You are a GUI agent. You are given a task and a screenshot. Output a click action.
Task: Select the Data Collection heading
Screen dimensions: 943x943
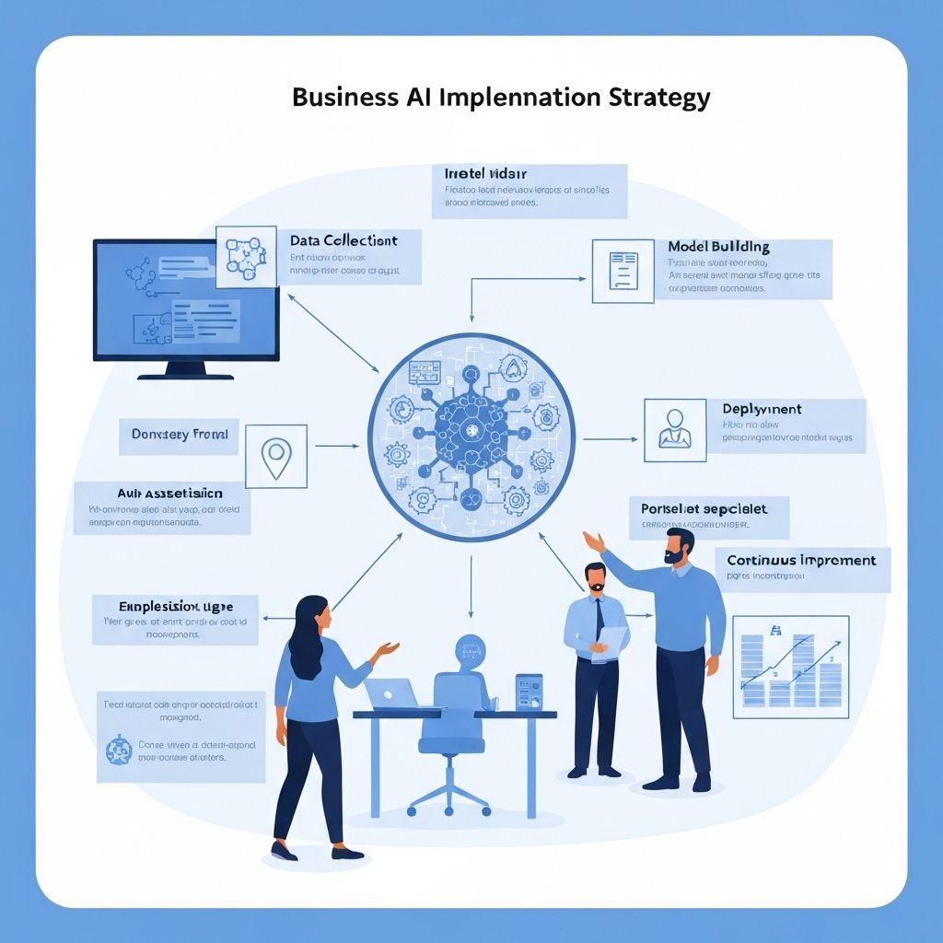[343, 240]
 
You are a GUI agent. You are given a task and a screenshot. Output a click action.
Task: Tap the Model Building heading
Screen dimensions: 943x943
[718, 247]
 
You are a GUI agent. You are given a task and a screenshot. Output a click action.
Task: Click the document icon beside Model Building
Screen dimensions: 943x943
[623, 271]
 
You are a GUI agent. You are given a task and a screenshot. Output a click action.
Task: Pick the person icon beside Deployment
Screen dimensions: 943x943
[675, 429]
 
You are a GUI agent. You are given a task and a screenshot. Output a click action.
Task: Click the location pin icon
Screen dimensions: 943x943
[275, 455]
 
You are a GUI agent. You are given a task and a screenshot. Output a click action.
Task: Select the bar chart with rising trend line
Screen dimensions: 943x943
[790, 667]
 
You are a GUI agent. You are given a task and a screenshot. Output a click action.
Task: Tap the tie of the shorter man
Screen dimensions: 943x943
[600, 619]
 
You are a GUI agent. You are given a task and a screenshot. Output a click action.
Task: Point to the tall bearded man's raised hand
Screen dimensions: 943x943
[593, 541]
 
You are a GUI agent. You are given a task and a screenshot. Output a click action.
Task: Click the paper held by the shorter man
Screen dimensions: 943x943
[612, 642]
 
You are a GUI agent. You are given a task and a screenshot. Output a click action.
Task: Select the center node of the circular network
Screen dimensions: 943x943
[471, 433]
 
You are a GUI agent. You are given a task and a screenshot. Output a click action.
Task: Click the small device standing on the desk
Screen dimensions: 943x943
[529, 693]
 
